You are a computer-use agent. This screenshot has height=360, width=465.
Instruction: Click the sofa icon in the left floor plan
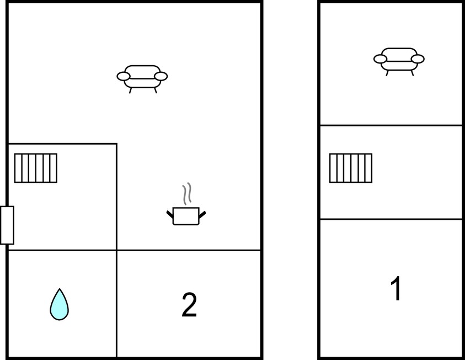click(x=142, y=78)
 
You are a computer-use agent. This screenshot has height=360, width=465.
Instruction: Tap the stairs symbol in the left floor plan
click(x=36, y=168)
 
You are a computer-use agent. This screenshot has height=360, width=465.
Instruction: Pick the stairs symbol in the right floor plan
click(x=350, y=168)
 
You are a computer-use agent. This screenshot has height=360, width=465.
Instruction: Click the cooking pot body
click(x=186, y=216)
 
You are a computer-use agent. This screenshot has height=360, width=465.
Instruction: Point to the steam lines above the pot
click(x=187, y=193)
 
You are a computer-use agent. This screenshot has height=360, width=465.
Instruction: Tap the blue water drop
click(x=60, y=304)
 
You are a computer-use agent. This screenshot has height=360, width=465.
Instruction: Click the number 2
click(x=189, y=305)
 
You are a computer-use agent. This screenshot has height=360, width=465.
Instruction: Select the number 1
click(x=396, y=288)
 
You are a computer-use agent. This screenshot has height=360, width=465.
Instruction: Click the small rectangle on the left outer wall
click(x=7, y=225)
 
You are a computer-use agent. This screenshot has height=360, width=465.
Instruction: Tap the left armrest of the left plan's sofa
click(x=124, y=77)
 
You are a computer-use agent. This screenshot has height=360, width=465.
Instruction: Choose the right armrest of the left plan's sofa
click(x=161, y=77)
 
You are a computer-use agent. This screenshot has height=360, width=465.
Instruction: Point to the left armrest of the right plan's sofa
click(x=380, y=59)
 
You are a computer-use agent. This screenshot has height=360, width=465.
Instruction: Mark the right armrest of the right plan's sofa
click(x=418, y=59)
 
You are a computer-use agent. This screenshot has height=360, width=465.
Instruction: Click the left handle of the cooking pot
click(x=170, y=214)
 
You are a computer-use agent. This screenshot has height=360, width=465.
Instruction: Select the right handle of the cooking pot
click(x=202, y=215)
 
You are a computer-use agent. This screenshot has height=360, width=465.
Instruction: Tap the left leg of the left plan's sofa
click(x=130, y=91)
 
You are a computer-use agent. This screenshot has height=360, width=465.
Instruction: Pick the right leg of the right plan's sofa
click(x=412, y=73)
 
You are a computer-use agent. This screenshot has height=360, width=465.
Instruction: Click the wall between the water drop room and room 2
click(x=116, y=304)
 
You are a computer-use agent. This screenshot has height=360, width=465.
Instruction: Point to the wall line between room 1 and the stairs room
click(x=391, y=219)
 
